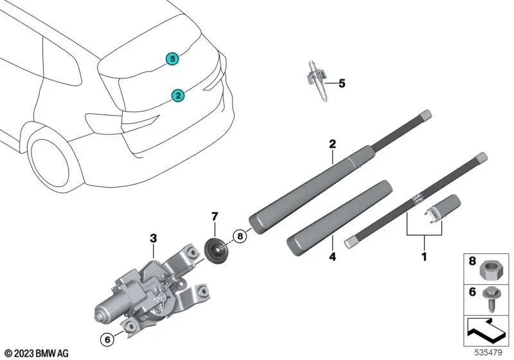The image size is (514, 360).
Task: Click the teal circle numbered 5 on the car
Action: [172, 59]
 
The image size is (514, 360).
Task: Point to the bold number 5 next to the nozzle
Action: [342, 83]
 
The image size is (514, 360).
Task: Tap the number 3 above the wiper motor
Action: [153, 239]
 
